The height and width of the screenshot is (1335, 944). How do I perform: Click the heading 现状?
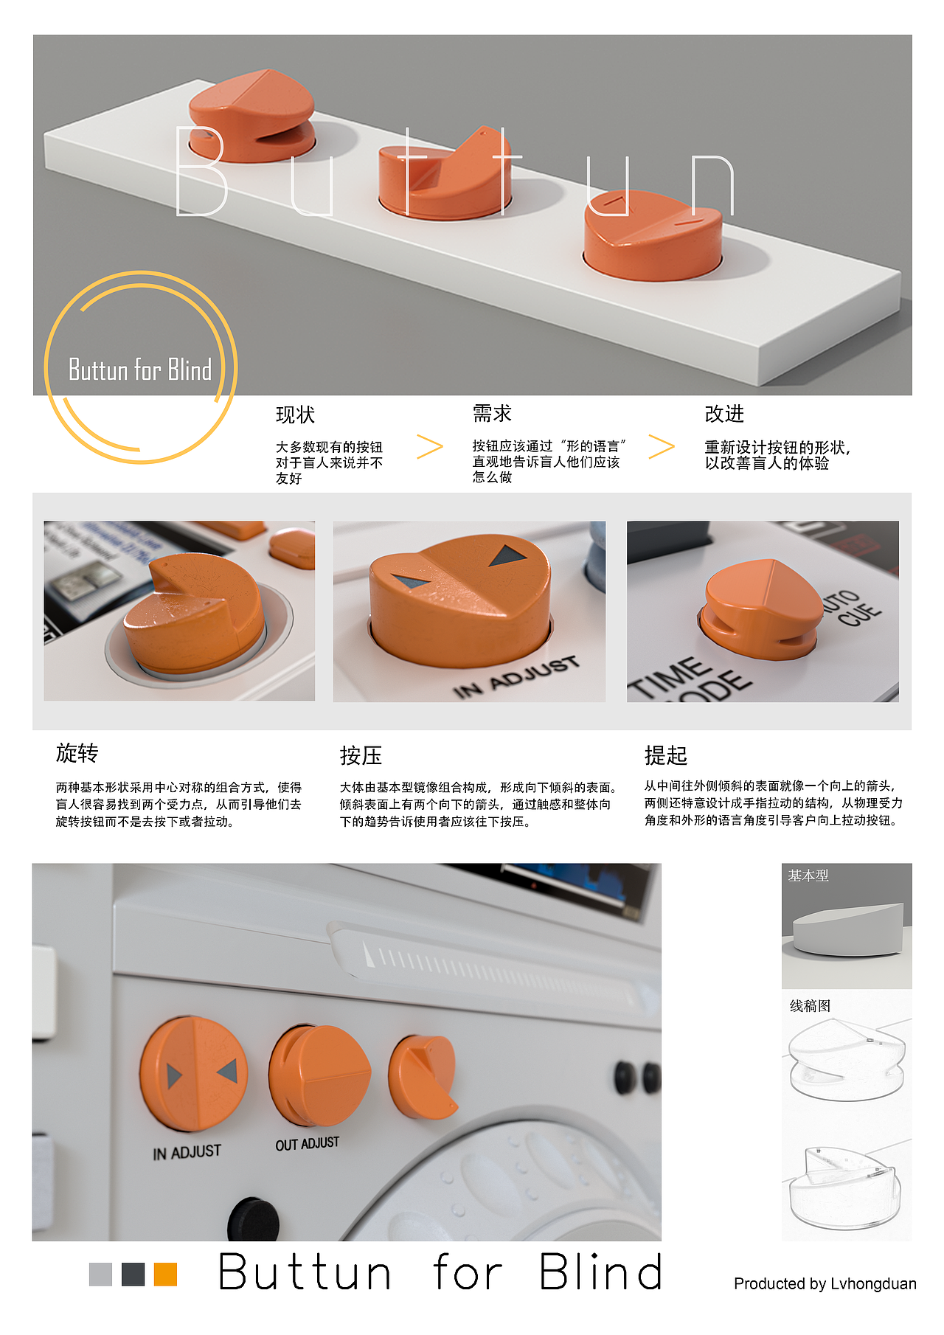point(295,415)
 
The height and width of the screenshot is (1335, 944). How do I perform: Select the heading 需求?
point(492,414)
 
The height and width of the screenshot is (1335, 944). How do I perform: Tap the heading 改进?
point(724,414)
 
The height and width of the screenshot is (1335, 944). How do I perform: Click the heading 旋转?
point(77,753)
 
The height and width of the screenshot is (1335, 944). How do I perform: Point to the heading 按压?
point(361,755)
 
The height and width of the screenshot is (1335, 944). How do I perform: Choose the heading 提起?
point(665,755)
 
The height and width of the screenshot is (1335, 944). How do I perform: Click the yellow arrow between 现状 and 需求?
point(429,446)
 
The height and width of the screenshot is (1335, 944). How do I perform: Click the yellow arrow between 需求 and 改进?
point(662,446)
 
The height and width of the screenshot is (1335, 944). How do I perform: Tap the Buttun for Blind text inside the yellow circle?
point(140,370)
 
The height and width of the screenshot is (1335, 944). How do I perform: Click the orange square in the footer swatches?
point(165,1275)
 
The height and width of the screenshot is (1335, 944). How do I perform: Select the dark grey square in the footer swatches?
point(133,1275)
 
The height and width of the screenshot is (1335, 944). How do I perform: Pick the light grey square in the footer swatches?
point(100,1275)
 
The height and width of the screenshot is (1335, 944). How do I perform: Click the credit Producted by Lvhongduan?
point(825,1284)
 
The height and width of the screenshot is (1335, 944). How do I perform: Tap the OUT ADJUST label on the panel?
point(307,1144)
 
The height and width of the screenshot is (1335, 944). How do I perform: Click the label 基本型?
point(808,875)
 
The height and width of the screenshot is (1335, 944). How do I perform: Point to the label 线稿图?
point(810,1006)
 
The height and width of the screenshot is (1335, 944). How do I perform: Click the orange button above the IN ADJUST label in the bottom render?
point(193,1073)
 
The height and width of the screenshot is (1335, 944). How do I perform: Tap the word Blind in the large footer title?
point(600,1272)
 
